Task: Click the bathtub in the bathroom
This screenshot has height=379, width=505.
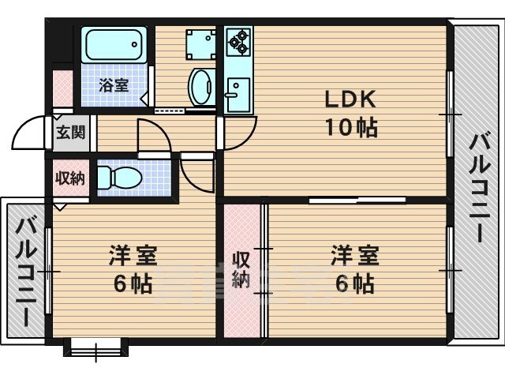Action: point(114,44)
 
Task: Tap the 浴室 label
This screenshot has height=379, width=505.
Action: point(114,85)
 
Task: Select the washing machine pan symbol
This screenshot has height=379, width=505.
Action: point(200,45)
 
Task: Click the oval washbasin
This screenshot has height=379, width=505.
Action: point(201,87)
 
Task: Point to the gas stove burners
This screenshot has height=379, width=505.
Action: point(238,42)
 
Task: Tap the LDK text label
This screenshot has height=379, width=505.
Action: point(350,99)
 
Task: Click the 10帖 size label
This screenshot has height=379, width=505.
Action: point(351,128)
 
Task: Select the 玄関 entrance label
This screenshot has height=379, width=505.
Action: point(71,132)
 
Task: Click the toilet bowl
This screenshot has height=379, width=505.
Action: point(119,178)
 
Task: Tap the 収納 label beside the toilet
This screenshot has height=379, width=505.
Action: point(70,178)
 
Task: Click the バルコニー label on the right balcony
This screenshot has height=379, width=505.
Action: point(479,186)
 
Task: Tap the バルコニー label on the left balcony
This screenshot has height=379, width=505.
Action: point(24,272)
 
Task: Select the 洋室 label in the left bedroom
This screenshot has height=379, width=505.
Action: point(133,255)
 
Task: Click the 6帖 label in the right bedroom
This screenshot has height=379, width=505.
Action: point(354,283)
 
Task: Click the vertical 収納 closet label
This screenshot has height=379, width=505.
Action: point(241,270)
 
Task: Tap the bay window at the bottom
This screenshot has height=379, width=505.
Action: point(96,349)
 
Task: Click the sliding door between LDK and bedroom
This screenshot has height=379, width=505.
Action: point(357,200)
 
